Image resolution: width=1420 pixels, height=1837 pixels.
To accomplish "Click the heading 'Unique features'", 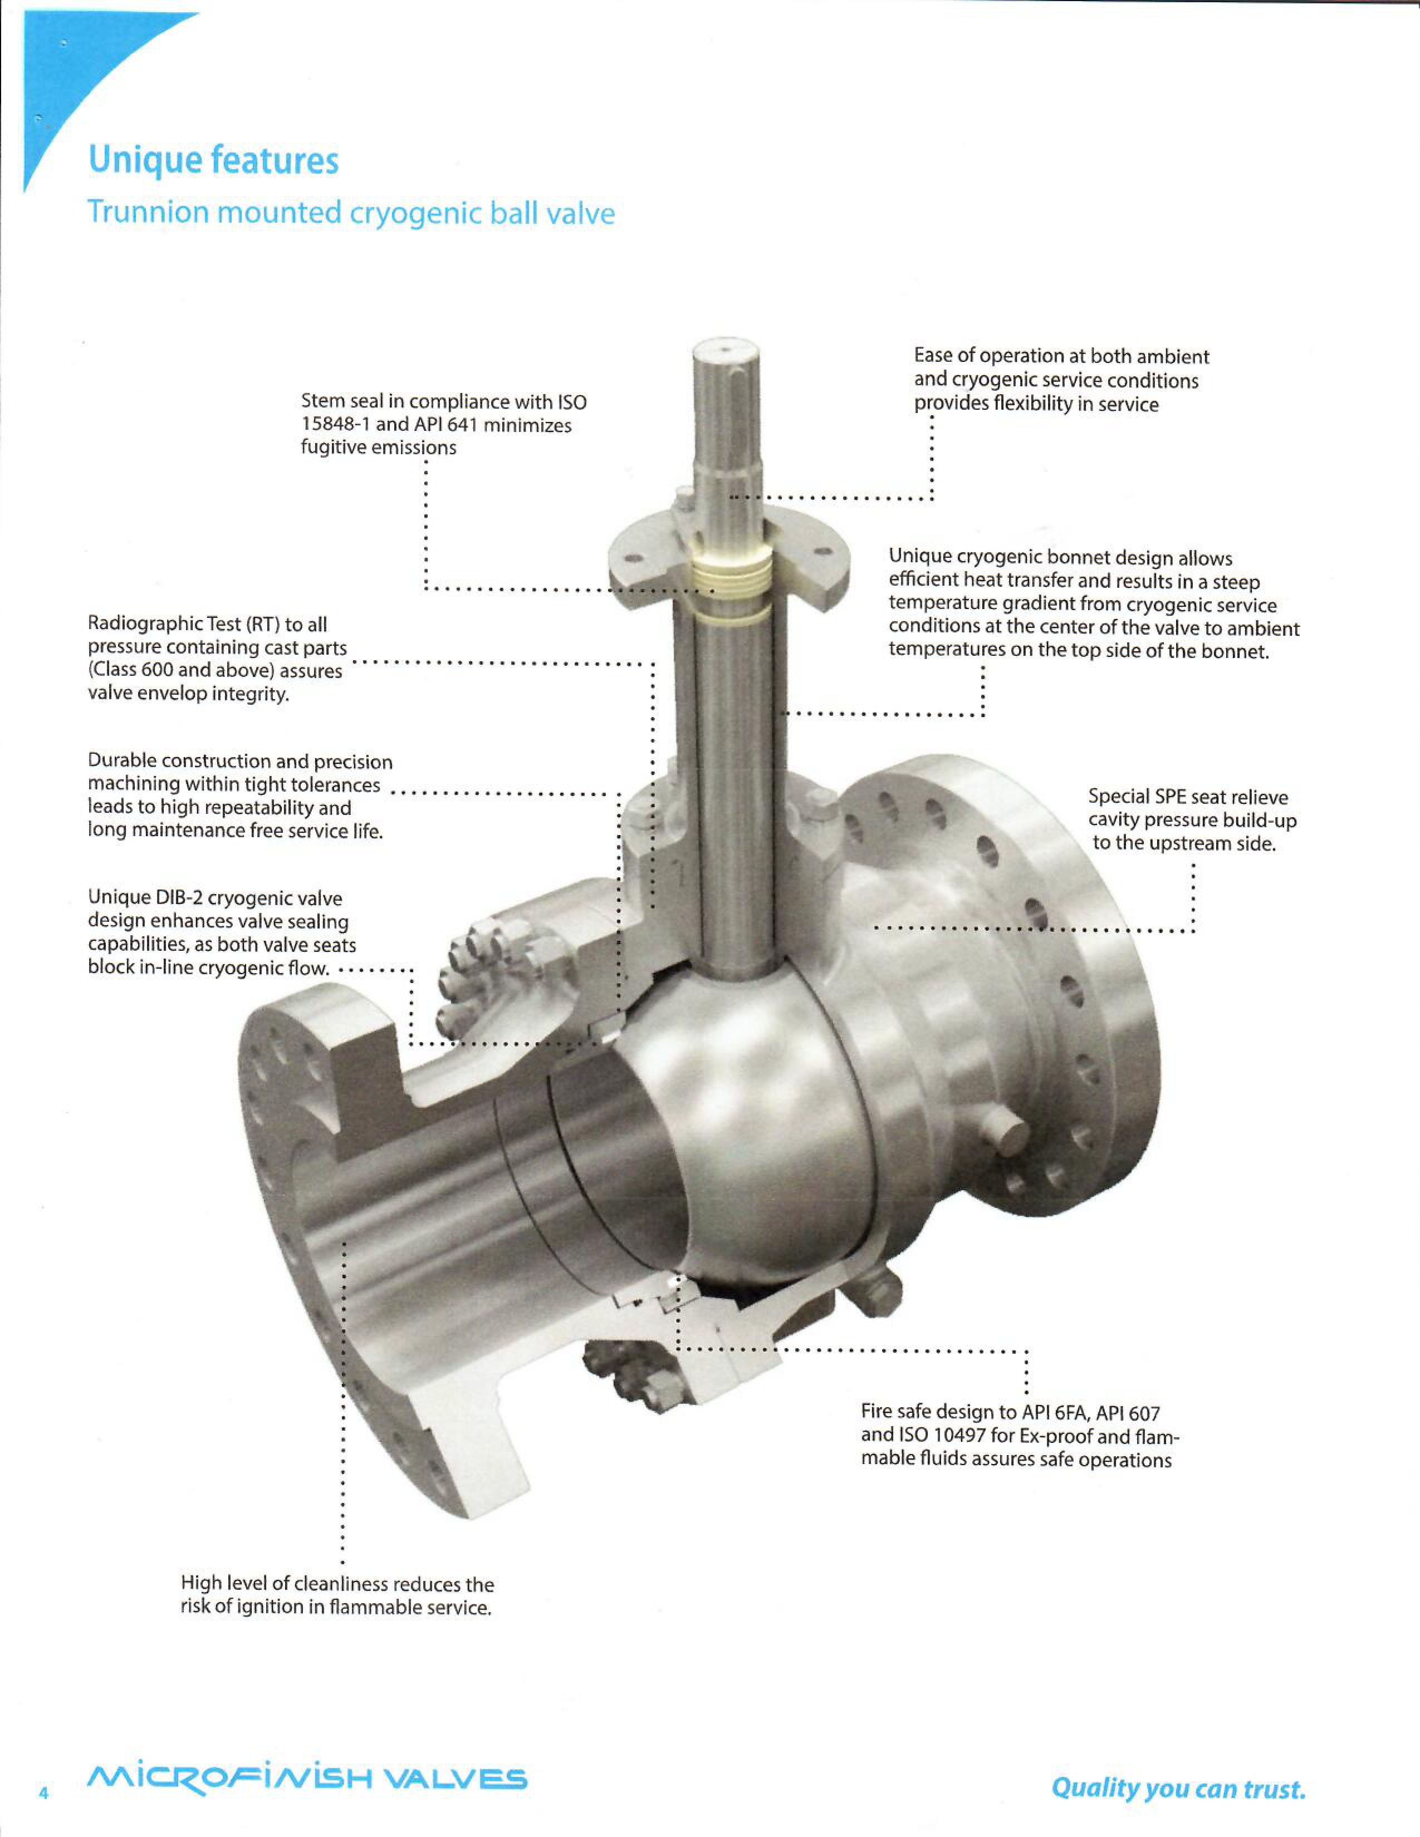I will click(x=214, y=160).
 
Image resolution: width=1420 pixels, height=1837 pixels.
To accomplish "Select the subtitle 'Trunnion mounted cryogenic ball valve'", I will click(x=351, y=213).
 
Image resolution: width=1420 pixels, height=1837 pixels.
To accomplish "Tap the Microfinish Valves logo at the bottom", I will click(x=307, y=1778).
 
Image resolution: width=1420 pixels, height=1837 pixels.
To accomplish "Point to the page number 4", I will click(x=44, y=1792).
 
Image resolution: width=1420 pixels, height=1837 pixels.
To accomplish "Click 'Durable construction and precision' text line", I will click(x=240, y=761).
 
